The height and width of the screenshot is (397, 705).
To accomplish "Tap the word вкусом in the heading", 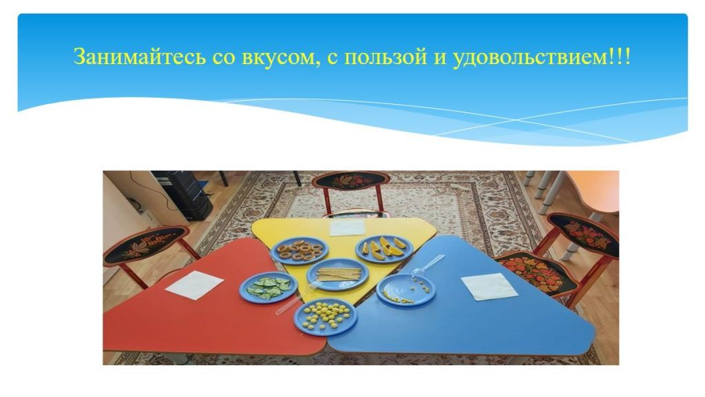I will pos(272,57).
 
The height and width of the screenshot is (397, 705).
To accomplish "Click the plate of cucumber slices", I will pos(268,287).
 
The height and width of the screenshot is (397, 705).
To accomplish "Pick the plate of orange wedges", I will pos(383,248).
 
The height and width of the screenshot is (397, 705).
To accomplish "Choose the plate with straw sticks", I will pos(337,274).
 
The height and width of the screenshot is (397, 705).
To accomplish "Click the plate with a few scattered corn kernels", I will pos(406,289).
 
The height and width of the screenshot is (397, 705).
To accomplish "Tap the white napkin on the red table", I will pos(194,285).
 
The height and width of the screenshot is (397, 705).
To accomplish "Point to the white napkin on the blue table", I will pos(489,286).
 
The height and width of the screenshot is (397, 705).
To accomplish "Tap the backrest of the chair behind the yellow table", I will pos(346,181).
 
